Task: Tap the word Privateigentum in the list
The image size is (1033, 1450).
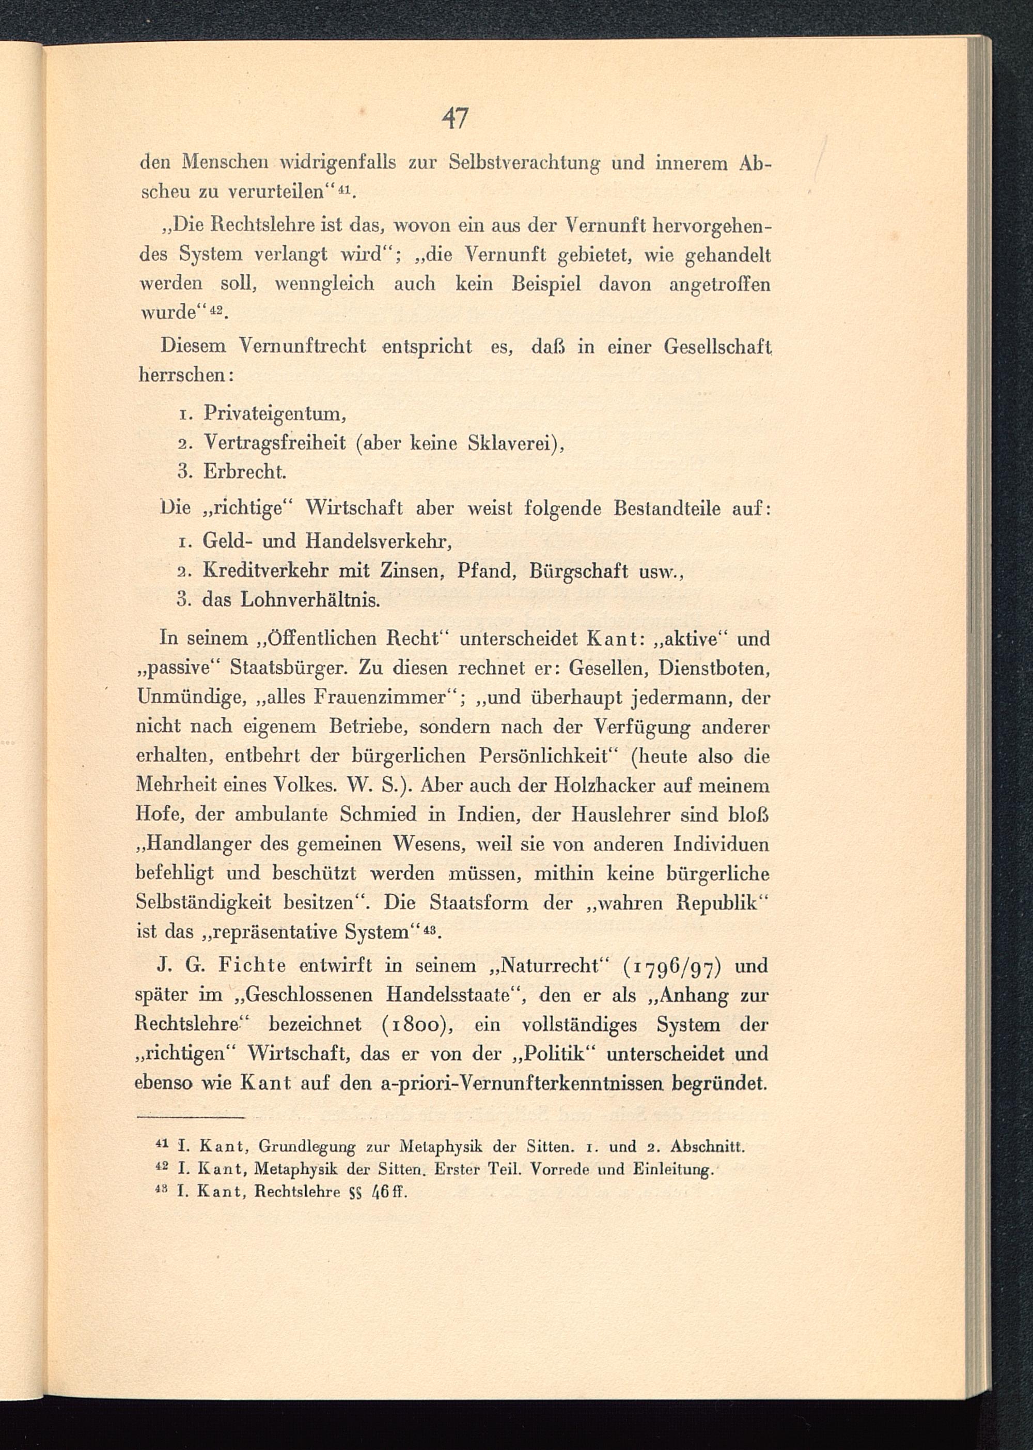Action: click(274, 414)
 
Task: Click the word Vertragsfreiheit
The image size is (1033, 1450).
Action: click(275, 443)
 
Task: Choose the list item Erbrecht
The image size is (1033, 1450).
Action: click(245, 472)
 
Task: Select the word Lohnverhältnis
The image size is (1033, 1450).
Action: click(310, 599)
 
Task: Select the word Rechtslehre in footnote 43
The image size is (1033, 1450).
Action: click(297, 1191)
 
